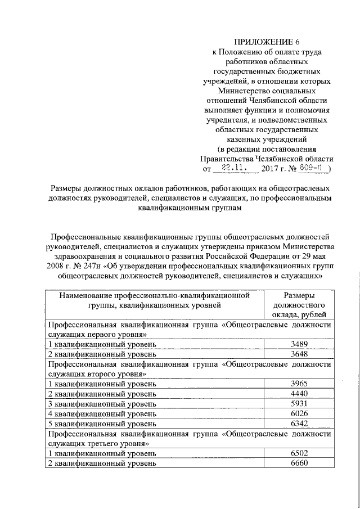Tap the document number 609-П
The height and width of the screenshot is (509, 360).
(x=313, y=168)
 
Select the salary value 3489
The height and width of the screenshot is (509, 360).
(x=298, y=344)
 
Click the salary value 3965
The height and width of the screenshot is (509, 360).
(x=298, y=384)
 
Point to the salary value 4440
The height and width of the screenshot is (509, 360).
(x=298, y=394)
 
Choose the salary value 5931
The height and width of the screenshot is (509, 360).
(x=298, y=404)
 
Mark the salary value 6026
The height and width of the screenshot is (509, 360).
(x=298, y=413)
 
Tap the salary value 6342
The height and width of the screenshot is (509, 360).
(x=298, y=424)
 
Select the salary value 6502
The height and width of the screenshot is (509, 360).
(x=298, y=453)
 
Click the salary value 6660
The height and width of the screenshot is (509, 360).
(x=298, y=463)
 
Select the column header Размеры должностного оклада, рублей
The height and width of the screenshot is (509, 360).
(x=299, y=305)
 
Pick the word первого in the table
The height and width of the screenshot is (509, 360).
(x=100, y=334)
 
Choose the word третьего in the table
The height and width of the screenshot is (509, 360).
(x=101, y=443)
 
